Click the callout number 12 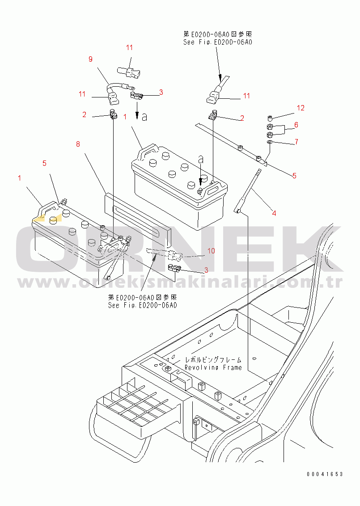(x=301, y=108)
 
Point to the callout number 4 (x=274, y=213)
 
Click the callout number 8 (x=78, y=144)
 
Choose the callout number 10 (x=211, y=251)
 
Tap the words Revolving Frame (x=213, y=367)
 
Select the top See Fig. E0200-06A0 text (x=218, y=42)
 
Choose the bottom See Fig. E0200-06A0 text (x=143, y=306)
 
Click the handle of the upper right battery (x=148, y=150)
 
